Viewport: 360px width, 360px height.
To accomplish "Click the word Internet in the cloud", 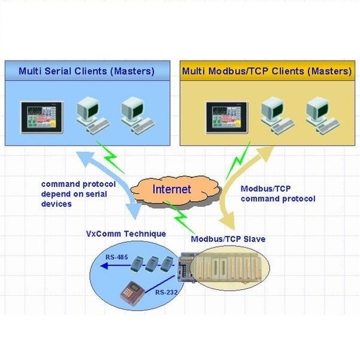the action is [x=172, y=189].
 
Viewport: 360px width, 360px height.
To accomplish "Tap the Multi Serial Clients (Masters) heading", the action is [x=86, y=71].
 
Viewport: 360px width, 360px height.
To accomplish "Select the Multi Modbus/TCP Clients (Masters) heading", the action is [x=267, y=71].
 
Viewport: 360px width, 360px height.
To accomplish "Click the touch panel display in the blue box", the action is [x=41, y=118].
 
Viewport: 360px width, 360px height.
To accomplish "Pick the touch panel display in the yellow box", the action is [x=227, y=118].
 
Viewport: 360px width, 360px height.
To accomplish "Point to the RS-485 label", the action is [x=116, y=257].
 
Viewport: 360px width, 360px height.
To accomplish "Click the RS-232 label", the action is [x=166, y=292].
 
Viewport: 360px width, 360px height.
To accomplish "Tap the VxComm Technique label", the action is [x=126, y=234].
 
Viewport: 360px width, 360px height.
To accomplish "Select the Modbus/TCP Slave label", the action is [x=228, y=239].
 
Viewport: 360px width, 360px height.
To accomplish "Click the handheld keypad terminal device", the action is [x=133, y=293].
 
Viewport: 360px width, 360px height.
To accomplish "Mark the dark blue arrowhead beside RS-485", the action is [x=104, y=266].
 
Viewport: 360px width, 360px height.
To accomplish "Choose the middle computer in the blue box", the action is [x=93, y=115].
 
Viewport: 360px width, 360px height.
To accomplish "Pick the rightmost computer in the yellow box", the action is [x=322, y=115].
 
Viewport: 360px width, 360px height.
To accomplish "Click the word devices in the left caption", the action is [x=56, y=204].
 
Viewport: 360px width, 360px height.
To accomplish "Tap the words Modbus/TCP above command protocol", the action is [x=266, y=189].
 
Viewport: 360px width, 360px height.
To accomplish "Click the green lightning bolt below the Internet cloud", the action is [x=180, y=217].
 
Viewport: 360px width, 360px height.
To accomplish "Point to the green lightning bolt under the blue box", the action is [x=110, y=157].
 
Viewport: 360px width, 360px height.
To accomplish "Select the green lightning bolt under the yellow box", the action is [x=238, y=160].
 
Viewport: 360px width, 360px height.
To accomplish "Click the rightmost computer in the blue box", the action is [x=138, y=115].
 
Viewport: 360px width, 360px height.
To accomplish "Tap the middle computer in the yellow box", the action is [x=277, y=115].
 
